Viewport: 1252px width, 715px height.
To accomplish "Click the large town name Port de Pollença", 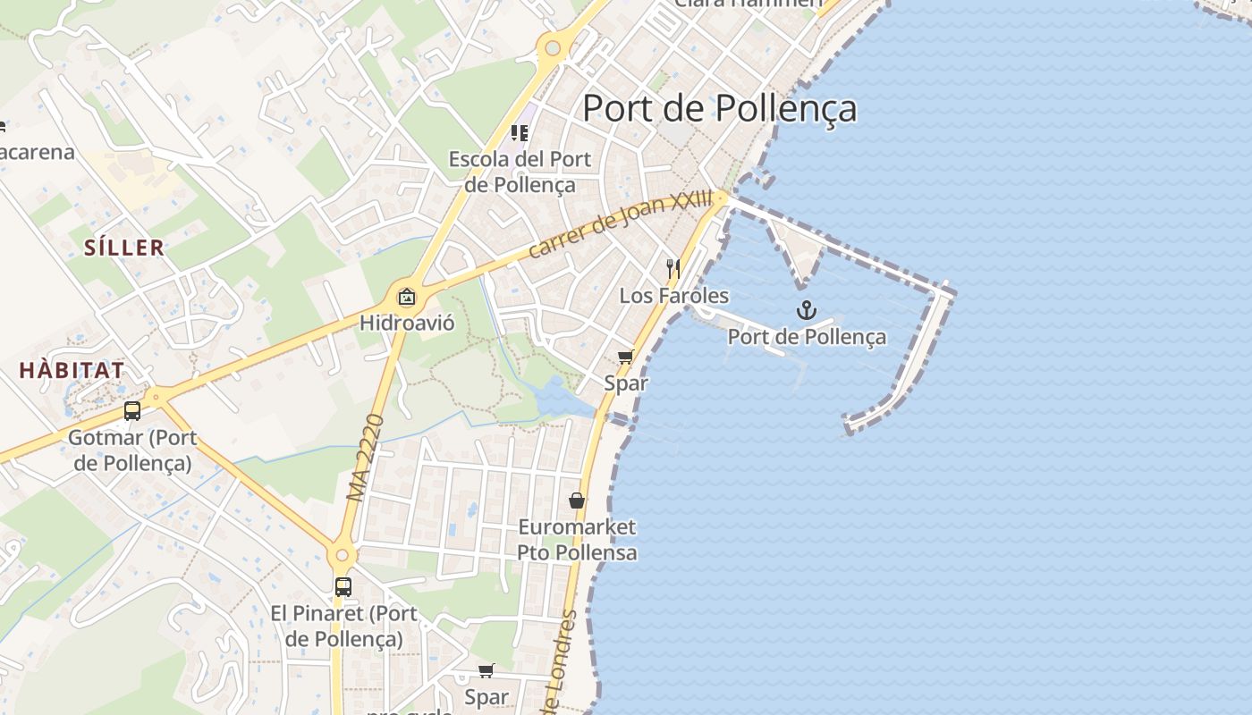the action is [720, 108].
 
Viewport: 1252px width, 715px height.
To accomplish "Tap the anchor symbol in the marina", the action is [807, 310].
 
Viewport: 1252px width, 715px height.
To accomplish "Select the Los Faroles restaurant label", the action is [674, 296].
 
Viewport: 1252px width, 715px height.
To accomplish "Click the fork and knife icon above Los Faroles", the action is [673, 267].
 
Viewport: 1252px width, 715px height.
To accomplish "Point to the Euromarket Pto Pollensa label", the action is [577, 540].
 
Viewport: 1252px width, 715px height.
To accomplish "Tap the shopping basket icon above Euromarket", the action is [577, 500].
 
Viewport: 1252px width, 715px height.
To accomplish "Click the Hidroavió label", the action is [407, 323].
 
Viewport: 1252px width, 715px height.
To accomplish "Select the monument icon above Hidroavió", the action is [407, 297].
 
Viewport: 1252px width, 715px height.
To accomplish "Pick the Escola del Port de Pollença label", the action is [520, 172].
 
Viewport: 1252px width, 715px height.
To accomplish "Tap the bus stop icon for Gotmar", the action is [132, 411].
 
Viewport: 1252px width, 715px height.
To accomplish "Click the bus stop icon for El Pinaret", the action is [343, 587].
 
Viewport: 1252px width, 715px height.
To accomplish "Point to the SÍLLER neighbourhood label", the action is [124, 248].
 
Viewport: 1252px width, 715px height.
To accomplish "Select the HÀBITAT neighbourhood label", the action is [72, 370].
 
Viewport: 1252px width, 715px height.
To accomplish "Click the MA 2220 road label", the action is [365, 457].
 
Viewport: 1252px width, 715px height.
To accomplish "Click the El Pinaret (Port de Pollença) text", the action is [343, 627].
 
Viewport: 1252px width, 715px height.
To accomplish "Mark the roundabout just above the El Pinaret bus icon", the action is [341, 556].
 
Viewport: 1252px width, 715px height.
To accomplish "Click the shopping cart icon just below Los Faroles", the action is [626, 357].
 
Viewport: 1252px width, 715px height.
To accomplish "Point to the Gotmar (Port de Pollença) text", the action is [132, 450].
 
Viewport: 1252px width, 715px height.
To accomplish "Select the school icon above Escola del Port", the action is [520, 133].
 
